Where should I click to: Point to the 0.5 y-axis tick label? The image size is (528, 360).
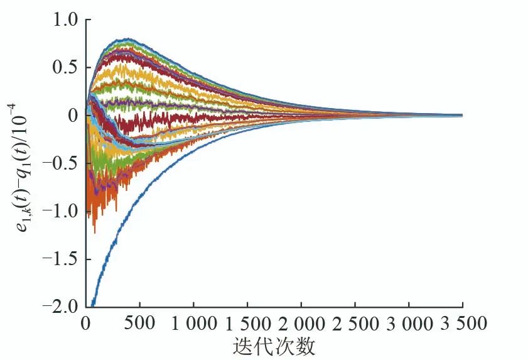(x=63, y=68)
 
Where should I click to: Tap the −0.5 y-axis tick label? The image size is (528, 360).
(x=60, y=163)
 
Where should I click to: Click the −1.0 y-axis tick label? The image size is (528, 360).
(x=60, y=212)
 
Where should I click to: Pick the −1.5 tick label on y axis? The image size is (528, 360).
(x=60, y=259)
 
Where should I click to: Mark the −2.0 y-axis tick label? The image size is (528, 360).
(x=60, y=307)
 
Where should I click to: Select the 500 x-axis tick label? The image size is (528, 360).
(x=139, y=324)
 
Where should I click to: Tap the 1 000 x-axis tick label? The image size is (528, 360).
(x=193, y=324)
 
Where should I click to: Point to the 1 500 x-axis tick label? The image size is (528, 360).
(x=247, y=324)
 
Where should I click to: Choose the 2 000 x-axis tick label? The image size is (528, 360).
(x=301, y=324)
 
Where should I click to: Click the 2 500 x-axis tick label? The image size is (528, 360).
(x=355, y=324)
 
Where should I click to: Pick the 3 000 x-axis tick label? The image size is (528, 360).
(x=409, y=324)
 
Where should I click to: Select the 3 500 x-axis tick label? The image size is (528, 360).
(x=463, y=324)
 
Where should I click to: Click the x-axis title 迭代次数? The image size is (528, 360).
(x=274, y=346)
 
